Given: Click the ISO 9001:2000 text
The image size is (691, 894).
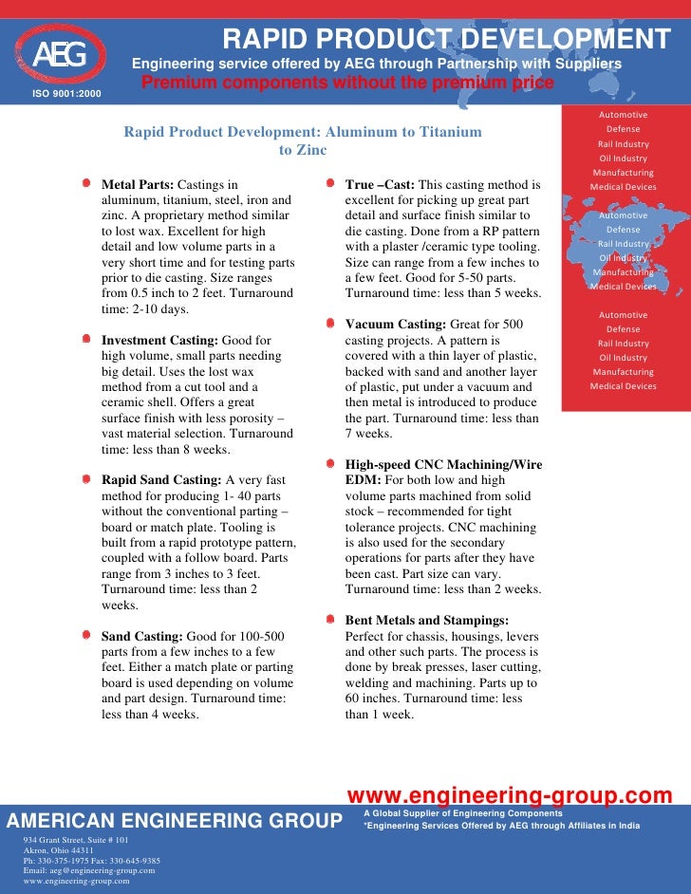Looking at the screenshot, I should (66, 93).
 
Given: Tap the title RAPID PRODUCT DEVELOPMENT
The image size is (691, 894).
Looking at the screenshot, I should (446, 39).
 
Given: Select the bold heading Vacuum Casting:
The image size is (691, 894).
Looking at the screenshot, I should (396, 324).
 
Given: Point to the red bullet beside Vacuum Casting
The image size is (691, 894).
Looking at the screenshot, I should (329, 324).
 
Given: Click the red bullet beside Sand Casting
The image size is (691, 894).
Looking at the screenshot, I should (86, 636).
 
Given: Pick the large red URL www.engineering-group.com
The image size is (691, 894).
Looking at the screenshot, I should (510, 795).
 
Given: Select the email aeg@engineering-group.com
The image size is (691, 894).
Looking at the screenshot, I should (89, 870).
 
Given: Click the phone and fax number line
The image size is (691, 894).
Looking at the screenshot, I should (91, 861).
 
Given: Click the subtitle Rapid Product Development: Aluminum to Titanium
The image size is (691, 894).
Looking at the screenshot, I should (302, 132).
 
